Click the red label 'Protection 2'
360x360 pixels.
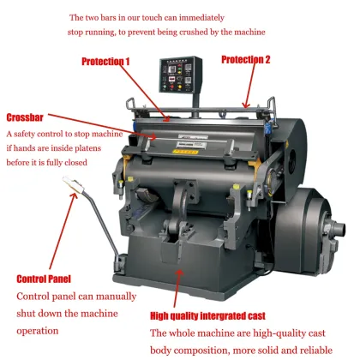(245, 60)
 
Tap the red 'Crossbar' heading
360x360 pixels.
(26, 117)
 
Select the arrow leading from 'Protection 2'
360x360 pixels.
(249, 89)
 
